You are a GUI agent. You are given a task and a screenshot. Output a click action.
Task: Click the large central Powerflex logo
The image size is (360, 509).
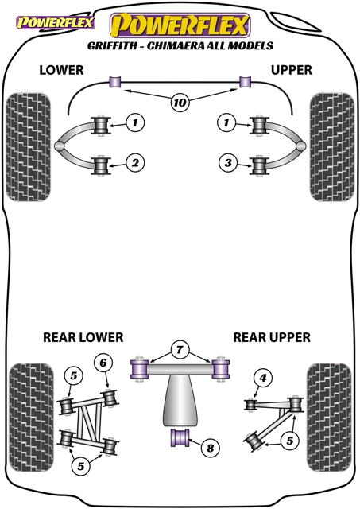click(180, 25)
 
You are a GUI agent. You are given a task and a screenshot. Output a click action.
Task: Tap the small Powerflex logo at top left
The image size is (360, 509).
click(56, 23)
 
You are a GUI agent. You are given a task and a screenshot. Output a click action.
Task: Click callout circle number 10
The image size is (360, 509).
click(180, 103)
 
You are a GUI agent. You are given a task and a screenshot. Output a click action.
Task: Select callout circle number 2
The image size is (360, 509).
click(135, 162)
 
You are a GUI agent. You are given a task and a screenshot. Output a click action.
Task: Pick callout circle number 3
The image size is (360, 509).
click(228, 162)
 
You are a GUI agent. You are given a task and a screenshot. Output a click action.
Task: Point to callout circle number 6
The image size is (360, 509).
click(103, 363)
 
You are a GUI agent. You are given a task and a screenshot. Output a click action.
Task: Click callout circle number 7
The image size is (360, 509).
click(180, 350)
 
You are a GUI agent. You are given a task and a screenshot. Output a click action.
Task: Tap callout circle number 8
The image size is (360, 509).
click(210, 448)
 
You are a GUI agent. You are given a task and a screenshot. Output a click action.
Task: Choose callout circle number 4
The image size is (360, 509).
click(263, 378)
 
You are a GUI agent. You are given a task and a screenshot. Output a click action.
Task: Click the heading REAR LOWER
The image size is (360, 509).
click(83, 337)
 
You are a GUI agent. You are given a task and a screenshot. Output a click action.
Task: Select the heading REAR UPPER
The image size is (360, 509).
click(272, 337)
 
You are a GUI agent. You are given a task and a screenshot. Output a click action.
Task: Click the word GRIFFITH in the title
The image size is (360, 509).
click(112, 46)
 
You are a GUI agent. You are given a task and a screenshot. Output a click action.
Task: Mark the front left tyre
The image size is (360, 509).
click(29, 147)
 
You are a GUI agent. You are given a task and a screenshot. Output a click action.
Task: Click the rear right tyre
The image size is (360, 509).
click(329, 418)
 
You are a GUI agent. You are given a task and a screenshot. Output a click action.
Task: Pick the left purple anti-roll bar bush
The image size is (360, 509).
click(114, 81)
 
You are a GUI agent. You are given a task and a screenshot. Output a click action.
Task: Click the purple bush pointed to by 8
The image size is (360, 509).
click(180, 437)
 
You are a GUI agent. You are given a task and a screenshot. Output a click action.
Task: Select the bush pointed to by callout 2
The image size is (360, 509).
click(101, 166)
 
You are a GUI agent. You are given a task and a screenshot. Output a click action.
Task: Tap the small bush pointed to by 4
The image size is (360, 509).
click(250, 405)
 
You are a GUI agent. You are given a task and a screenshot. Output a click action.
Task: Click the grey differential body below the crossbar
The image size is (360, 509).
click(180, 400)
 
